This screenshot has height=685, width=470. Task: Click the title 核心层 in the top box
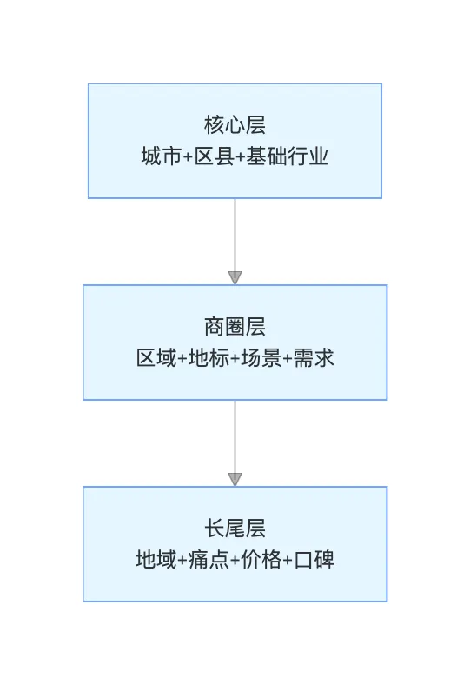click(235, 125)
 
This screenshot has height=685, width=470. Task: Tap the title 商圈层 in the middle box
click(235, 327)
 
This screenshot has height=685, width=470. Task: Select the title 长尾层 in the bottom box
click(235, 529)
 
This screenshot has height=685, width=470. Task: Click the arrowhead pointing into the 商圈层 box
click(235, 278)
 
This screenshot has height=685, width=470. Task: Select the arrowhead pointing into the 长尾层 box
click(235, 479)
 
